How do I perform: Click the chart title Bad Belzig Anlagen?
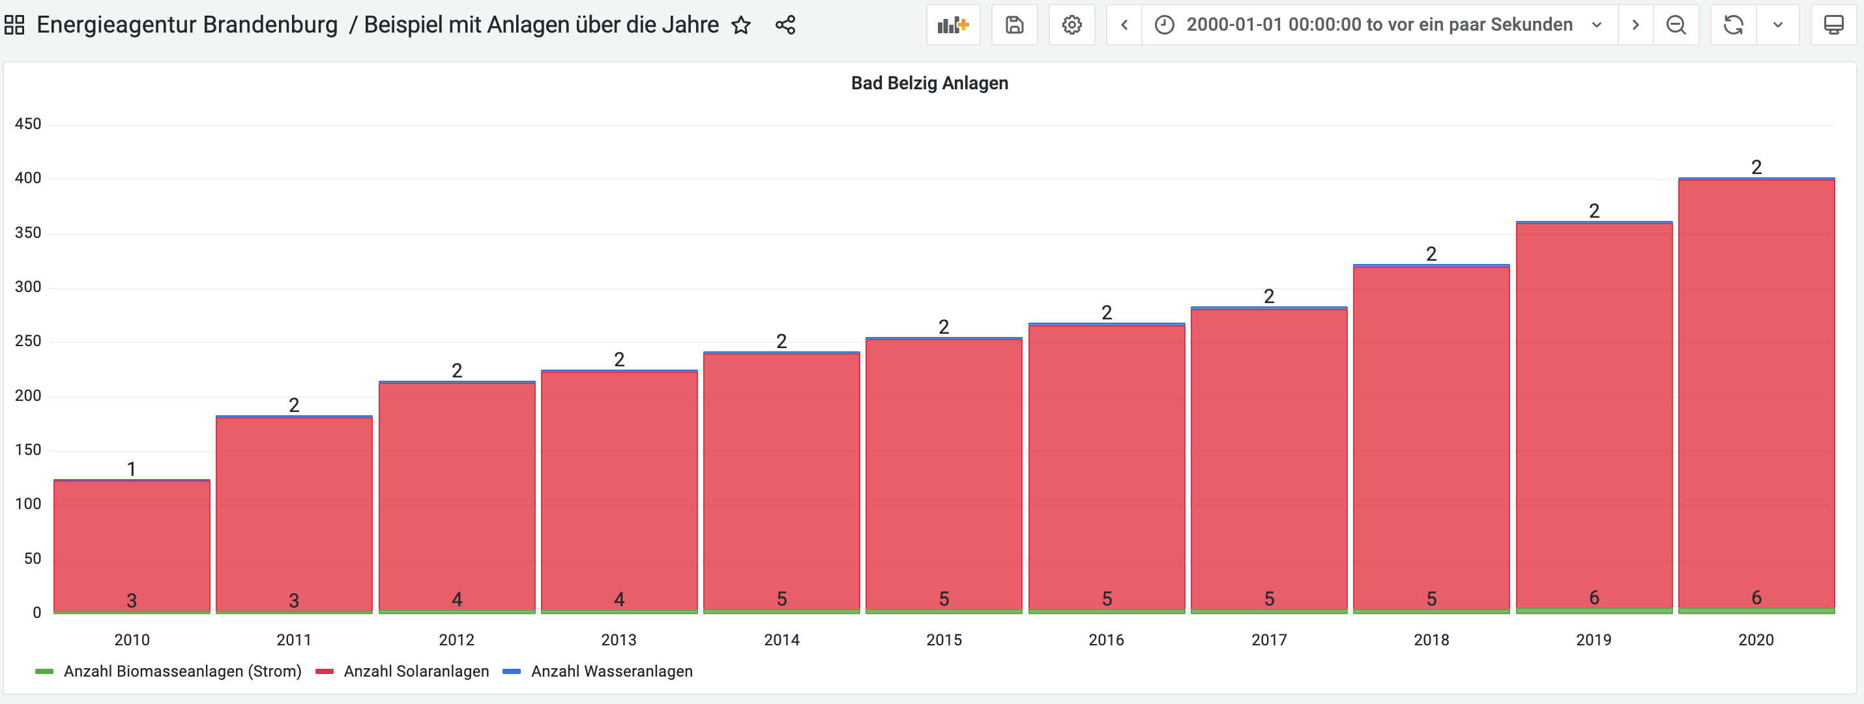coord(929,83)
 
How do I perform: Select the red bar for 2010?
coord(132,542)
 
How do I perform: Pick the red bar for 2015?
coord(944,470)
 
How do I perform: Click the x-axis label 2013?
coord(619,639)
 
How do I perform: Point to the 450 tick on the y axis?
coord(28,124)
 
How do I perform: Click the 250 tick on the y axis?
coord(28,341)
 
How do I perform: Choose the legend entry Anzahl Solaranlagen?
coord(416,671)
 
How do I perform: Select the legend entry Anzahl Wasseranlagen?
coord(611,671)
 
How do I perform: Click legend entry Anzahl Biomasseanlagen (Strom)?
coord(182,671)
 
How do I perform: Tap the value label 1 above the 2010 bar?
coord(132,469)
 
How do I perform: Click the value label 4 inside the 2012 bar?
coord(457,599)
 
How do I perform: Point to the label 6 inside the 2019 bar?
coord(1594,598)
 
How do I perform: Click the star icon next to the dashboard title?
coord(741,25)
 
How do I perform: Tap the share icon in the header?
coord(785,25)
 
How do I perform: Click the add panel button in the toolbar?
coord(952,25)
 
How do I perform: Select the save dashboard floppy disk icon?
coord(1015,25)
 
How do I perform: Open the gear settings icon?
coord(1071,25)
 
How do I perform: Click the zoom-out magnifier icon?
coord(1676,25)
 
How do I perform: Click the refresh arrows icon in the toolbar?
coord(1733,25)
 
